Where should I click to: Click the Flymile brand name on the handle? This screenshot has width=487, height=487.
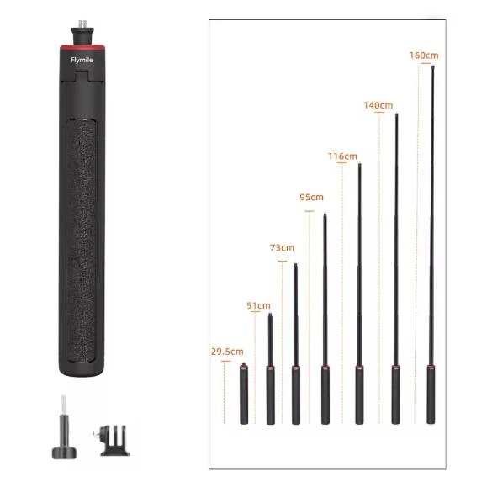[82, 60]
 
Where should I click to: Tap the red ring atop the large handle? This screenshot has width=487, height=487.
[82, 47]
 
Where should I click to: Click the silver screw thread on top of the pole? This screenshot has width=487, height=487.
[82, 24]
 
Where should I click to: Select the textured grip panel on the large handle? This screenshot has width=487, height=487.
[82, 241]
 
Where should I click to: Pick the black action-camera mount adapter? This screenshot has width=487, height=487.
[113, 440]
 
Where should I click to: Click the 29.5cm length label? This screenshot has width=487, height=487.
[227, 352]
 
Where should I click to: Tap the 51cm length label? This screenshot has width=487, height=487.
[258, 305]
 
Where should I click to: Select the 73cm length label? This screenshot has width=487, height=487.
[282, 248]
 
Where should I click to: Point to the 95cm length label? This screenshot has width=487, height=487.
[311, 197]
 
